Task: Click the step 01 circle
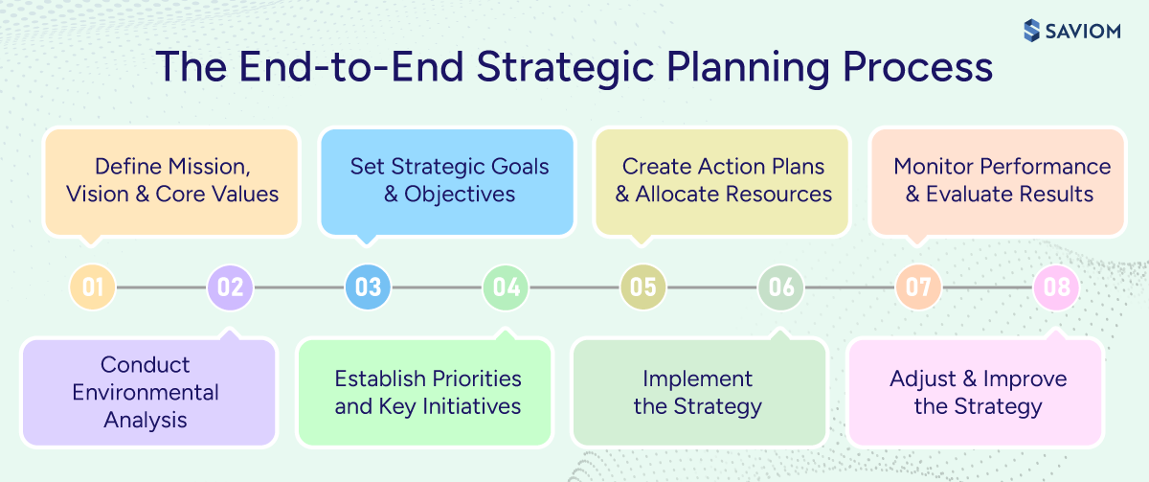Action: click(93, 287)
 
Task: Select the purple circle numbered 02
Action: click(230, 287)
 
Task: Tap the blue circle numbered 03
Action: click(368, 287)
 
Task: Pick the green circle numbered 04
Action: click(506, 287)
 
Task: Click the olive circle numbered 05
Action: click(643, 287)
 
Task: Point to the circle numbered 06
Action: click(781, 287)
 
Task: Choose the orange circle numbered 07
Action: click(918, 287)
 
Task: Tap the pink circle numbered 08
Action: click(1056, 287)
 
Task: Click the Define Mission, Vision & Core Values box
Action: click(172, 181)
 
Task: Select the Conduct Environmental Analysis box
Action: click(147, 392)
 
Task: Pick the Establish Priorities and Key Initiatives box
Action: click(427, 392)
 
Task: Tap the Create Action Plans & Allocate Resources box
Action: click(723, 181)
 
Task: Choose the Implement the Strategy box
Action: click(699, 392)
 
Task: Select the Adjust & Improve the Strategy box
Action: click(977, 392)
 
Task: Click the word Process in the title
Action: click(916, 70)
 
